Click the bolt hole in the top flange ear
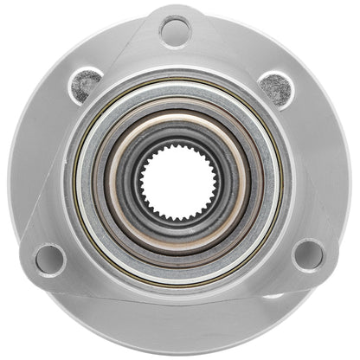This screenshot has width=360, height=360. [176, 33]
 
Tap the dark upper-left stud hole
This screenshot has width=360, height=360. [86, 85]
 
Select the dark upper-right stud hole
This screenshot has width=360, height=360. [273, 87]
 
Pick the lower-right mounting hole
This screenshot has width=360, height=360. [307, 255]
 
